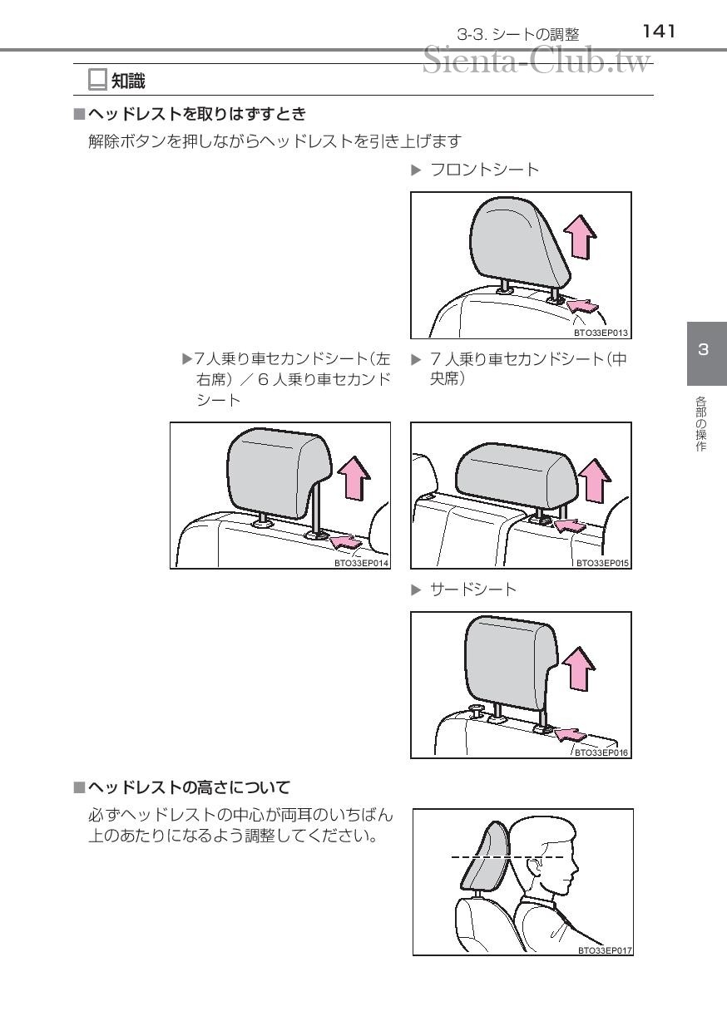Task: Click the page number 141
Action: (x=659, y=32)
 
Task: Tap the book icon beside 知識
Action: (x=97, y=80)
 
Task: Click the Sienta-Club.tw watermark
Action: (x=537, y=61)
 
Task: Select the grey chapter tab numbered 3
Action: (x=707, y=353)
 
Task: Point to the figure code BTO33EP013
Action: (x=601, y=333)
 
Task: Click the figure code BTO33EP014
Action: (x=361, y=563)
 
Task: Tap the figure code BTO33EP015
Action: (x=602, y=563)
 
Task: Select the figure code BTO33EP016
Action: (x=601, y=752)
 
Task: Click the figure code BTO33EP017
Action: (x=605, y=950)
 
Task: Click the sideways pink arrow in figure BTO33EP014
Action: (x=346, y=540)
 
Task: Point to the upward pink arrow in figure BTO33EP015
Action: (x=595, y=480)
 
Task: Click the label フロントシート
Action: (x=484, y=170)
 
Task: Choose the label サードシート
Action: (x=472, y=589)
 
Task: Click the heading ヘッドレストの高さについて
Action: (x=189, y=787)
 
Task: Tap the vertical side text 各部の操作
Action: (x=700, y=424)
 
